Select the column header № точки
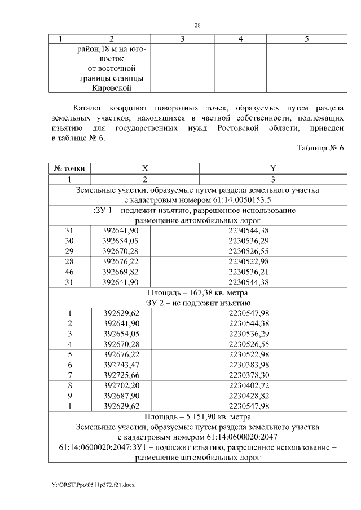click(69, 168)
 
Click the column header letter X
click(145, 168)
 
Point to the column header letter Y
click(272, 168)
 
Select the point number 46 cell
click(69, 271)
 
